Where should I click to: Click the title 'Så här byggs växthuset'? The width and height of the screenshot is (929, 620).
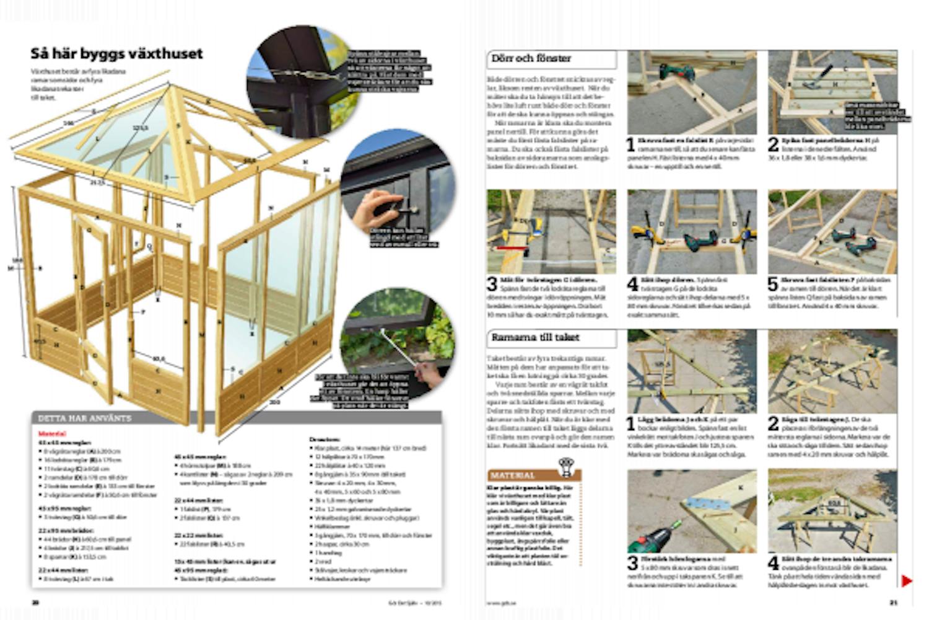tap(116, 54)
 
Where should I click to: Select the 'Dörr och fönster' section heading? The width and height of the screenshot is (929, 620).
tap(531, 59)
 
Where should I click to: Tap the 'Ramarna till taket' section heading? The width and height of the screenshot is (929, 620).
tap(535, 338)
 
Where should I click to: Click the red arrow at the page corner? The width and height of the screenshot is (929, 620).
tap(907, 581)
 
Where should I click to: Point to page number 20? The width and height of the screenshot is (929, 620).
tap(35, 602)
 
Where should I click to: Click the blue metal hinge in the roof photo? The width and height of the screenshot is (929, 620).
tap(706, 503)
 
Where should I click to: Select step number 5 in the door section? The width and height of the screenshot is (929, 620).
tap(773, 285)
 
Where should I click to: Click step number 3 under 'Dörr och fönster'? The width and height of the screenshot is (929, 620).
tap(492, 285)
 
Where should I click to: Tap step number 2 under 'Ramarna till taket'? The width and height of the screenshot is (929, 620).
tap(773, 424)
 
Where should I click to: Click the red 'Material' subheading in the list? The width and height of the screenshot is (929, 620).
tap(52, 434)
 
